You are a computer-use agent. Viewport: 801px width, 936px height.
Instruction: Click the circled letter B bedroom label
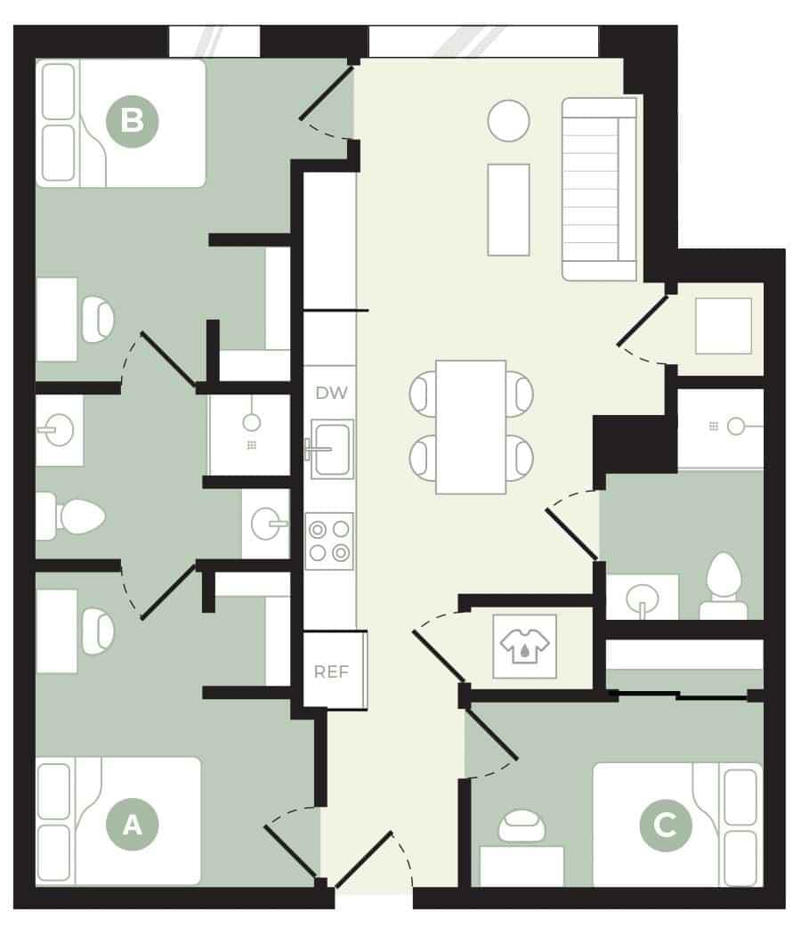132,119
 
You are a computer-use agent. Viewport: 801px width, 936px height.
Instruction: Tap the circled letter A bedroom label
132,825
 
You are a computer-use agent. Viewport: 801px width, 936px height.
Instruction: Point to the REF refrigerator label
331,671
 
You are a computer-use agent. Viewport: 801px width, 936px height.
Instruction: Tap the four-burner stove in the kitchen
329,541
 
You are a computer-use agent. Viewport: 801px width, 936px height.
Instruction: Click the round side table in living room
508,120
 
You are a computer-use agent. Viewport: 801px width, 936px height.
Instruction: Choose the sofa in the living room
599,188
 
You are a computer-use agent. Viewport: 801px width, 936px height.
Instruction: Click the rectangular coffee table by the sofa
508,209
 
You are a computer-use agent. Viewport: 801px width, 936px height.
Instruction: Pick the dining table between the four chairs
471,427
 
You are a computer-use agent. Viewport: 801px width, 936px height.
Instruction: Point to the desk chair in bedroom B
97,320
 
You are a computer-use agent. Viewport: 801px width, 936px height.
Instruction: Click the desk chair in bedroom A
97,631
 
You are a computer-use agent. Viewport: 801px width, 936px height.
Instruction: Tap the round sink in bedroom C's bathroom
642,596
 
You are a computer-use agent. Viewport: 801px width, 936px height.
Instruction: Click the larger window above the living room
483,41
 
